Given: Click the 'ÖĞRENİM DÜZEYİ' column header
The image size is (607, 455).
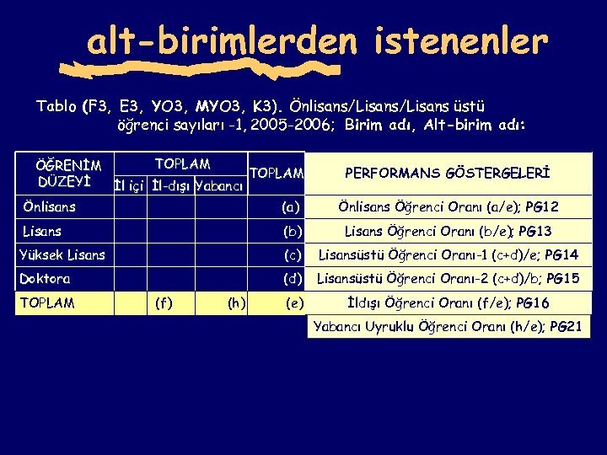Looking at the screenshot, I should click(x=70, y=173).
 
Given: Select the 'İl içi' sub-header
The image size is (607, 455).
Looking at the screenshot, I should click(x=130, y=185).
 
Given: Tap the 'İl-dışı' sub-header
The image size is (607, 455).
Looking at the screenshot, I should click(x=172, y=185).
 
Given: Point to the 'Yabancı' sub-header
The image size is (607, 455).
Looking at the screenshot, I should click(x=219, y=185).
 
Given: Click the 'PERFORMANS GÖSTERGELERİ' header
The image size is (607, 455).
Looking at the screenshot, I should click(x=448, y=173).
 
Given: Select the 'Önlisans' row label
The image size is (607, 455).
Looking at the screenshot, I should click(x=49, y=206).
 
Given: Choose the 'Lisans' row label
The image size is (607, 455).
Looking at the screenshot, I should click(x=42, y=230).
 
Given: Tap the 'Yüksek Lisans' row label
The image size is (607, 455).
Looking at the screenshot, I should click(x=62, y=254).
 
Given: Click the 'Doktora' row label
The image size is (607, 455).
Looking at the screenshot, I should click(x=45, y=278).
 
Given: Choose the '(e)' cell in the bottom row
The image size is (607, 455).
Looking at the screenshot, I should click(x=294, y=302).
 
